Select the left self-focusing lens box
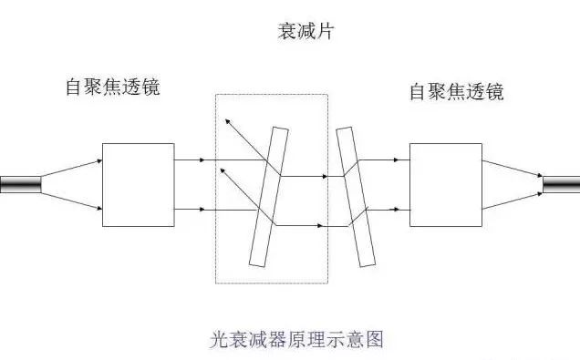(138, 185)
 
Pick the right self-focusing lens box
(445, 184)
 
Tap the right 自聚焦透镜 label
(456, 91)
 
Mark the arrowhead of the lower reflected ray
(223, 169)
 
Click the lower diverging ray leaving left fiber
(71, 198)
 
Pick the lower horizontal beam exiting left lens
(188, 211)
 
